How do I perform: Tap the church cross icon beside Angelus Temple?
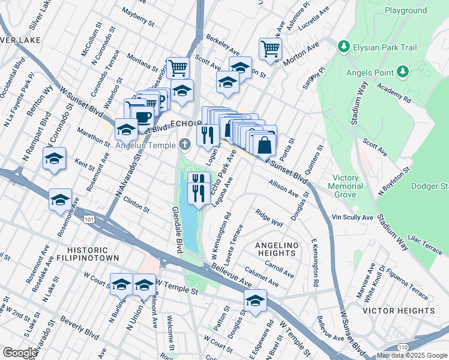[x=185, y=145]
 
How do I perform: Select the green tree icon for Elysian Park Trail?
[x=343, y=46]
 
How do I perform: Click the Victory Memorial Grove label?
[x=354, y=186]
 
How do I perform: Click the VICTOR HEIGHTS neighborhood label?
[x=399, y=311]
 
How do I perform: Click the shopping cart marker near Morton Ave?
[x=271, y=49]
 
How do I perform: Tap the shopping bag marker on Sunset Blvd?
[x=264, y=145]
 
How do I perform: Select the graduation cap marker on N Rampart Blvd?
[x=55, y=159]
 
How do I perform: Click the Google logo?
[x=20, y=353]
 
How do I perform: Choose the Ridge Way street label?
[x=269, y=218]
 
